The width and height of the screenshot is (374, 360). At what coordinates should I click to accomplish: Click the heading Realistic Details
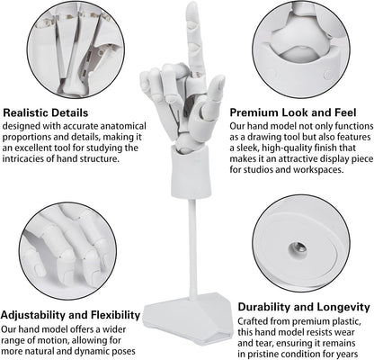(x=46, y=112)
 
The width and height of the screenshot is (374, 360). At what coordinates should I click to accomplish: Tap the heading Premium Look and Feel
(x=293, y=112)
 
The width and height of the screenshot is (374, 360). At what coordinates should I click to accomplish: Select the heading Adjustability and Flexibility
(x=70, y=315)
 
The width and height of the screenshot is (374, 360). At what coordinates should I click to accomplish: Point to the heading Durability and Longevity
(x=304, y=307)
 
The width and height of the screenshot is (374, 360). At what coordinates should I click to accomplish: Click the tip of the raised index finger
(x=191, y=4)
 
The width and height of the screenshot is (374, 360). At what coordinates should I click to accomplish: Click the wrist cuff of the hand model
(x=191, y=172)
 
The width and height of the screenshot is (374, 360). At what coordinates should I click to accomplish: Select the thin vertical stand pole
(x=193, y=249)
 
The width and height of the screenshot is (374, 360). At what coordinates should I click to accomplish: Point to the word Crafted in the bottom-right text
(x=253, y=321)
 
